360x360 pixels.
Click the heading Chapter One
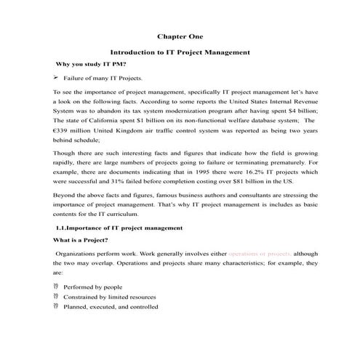click(180, 35)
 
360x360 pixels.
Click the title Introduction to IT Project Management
click(180, 52)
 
